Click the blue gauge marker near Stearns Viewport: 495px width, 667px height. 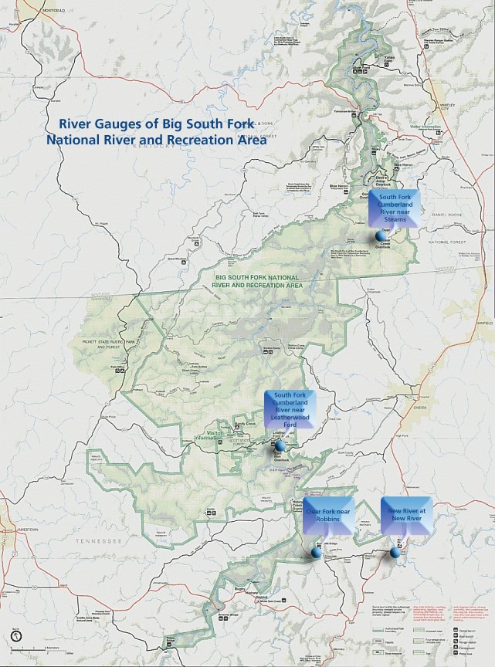(x=380, y=235)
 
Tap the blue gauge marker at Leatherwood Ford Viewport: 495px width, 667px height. (x=280, y=445)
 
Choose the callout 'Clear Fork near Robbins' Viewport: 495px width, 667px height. (x=329, y=512)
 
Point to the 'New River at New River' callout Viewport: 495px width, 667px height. (x=406, y=512)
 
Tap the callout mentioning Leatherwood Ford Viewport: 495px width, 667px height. (x=290, y=407)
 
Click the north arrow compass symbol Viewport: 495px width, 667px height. (x=16, y=637)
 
